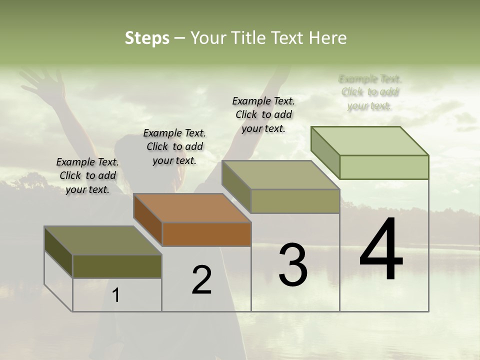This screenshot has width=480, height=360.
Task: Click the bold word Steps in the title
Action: pos(147,38)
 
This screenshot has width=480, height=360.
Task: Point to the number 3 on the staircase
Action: pos(293,264)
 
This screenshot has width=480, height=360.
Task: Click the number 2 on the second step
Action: pos(201,280)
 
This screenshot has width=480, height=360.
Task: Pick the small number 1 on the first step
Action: pos(116,295)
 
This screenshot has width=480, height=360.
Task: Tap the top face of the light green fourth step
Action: pos(369,140)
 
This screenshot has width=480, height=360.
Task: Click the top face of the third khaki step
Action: pos(280,175)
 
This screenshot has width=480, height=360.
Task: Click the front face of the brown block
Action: pos(206,234)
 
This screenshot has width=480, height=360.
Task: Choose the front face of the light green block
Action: pos(384,167)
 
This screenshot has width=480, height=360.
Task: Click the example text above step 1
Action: pos(87,175)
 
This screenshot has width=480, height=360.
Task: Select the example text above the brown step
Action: pos(174,146)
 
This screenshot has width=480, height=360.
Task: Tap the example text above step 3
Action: pos(263,114)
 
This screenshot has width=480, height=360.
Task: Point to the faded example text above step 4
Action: pos(370,92)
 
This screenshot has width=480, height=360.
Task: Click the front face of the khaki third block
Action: pos(295,201)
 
